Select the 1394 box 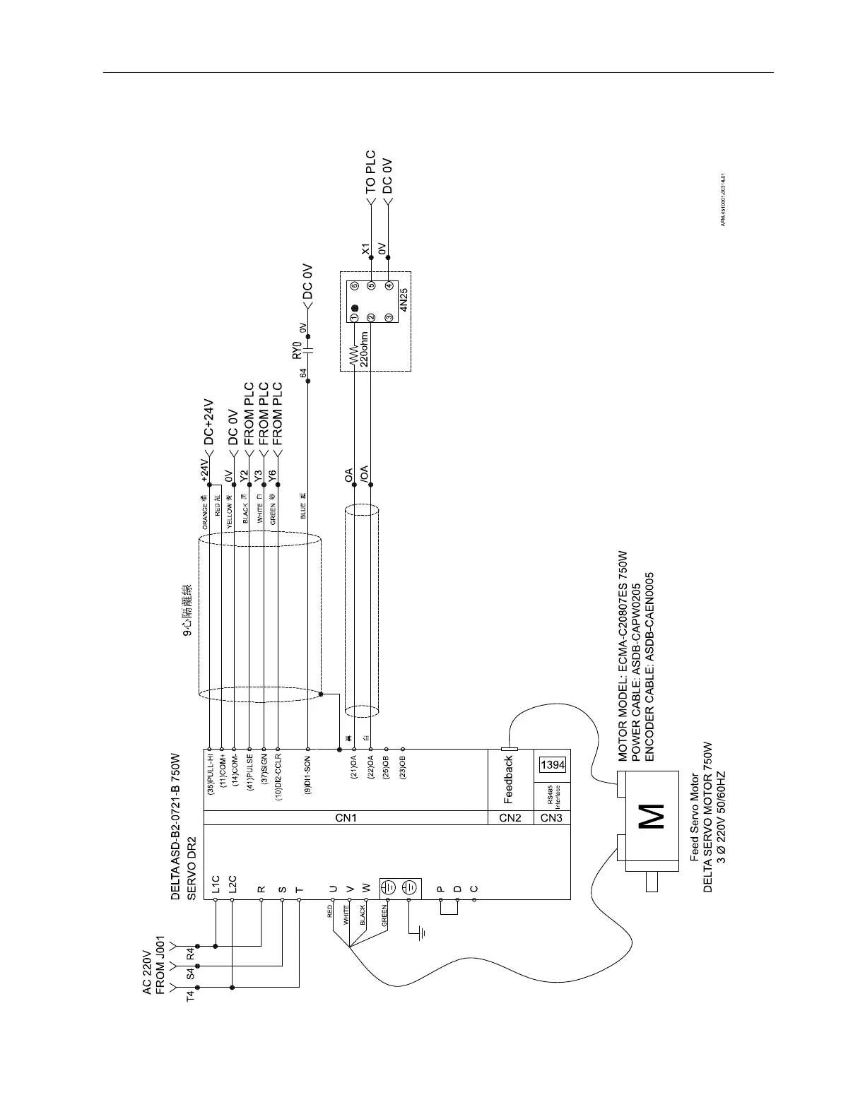553,766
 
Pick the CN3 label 552,818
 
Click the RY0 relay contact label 298,349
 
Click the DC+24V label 209,421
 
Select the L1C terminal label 216,885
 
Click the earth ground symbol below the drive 422,934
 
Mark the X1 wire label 365,249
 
